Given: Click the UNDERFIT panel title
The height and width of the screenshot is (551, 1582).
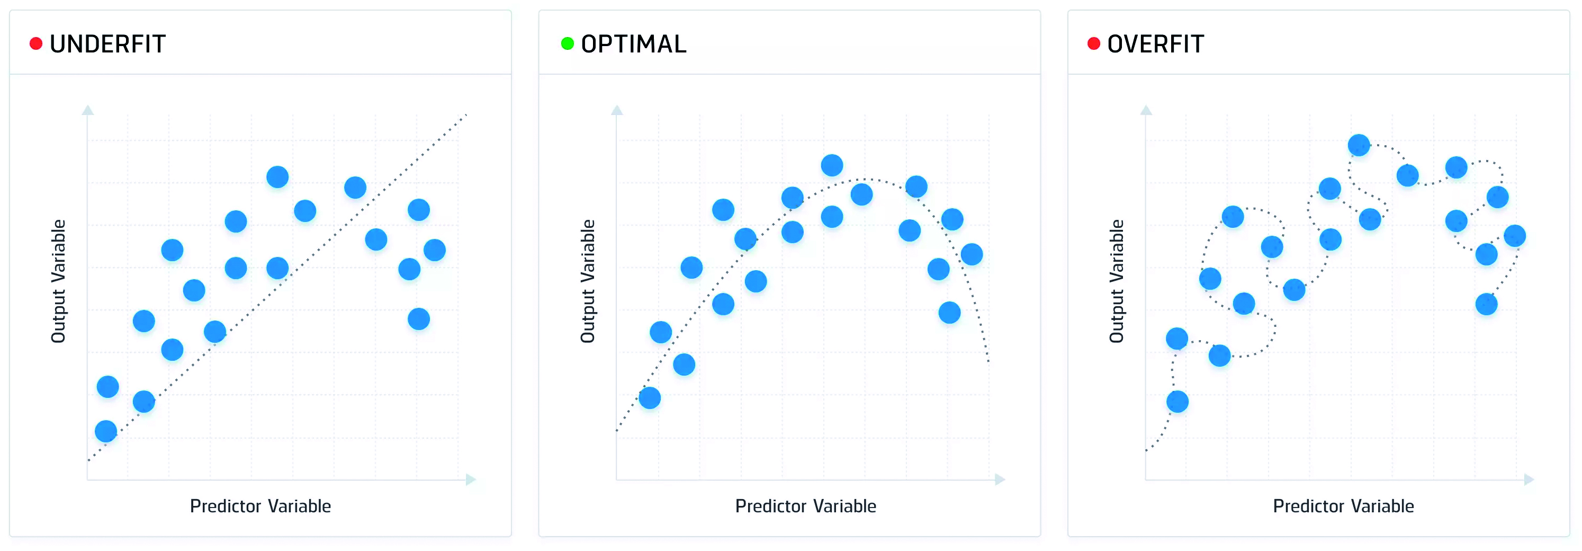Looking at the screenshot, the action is [x=107, y=44].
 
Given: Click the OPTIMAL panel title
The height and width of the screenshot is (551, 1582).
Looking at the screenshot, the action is [x=634, y=44].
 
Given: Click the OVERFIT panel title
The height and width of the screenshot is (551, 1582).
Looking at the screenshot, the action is [x=1155, y=44].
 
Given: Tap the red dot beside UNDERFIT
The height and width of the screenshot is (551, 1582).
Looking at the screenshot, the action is [x=36, y=43].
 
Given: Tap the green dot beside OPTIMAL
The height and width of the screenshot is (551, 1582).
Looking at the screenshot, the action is [x=568, y=43].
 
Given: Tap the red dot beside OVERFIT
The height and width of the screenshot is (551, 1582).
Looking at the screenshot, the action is [x=1094, y=43].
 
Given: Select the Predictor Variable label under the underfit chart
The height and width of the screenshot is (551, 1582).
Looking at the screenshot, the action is [x=260, y=506].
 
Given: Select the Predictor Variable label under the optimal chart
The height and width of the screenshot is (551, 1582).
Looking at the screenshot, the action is [x=806, y=506].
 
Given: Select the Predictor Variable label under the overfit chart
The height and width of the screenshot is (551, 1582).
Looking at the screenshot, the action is [x=1344, y=506].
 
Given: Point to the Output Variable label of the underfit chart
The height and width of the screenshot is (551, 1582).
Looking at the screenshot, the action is [x=58, y=281].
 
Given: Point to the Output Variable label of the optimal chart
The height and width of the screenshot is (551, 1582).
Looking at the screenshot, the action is [x=588, y=281].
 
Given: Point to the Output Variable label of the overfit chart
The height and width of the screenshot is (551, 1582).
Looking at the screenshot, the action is [x=1117, y=281].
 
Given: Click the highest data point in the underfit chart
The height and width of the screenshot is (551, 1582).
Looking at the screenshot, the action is [x=277, y=177].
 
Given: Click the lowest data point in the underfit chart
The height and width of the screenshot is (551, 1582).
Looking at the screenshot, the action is [x=106, y=431].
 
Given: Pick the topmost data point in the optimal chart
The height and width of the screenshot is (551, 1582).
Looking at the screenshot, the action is [x=832, y=165].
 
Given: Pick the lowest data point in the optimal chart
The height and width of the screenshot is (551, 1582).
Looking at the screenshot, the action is [x=650, y=398].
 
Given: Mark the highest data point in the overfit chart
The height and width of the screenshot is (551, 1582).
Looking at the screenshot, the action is [x=1359, y=146].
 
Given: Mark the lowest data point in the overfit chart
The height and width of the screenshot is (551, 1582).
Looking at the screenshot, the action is [x=1177, y=402].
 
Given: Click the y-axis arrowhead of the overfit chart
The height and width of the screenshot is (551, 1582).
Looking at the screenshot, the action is [x=1146, y=110].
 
